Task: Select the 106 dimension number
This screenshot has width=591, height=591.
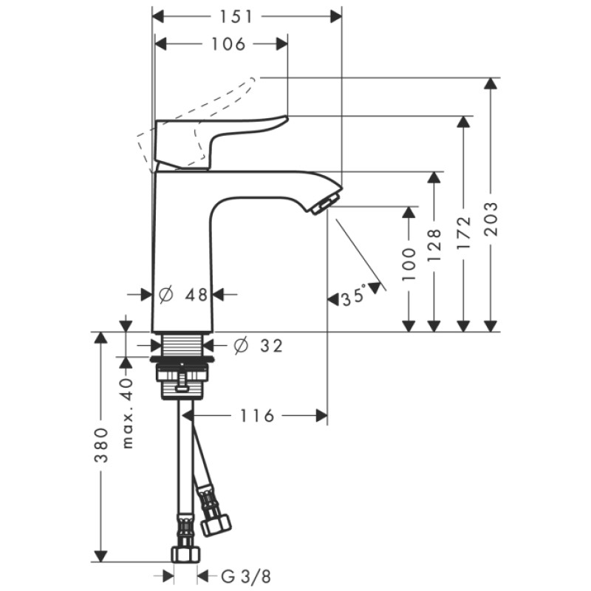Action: [x=226, y=44]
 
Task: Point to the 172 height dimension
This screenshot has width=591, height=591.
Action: [x=463, y=234]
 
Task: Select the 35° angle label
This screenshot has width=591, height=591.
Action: [x=352, y=298]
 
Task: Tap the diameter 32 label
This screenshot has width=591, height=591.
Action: [x=258, y=345]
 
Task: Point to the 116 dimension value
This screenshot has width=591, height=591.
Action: [x=256, y=416]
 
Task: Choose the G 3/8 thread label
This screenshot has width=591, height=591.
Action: [x=236, y=575]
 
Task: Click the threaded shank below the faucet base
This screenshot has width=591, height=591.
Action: [x=182, y=345]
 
